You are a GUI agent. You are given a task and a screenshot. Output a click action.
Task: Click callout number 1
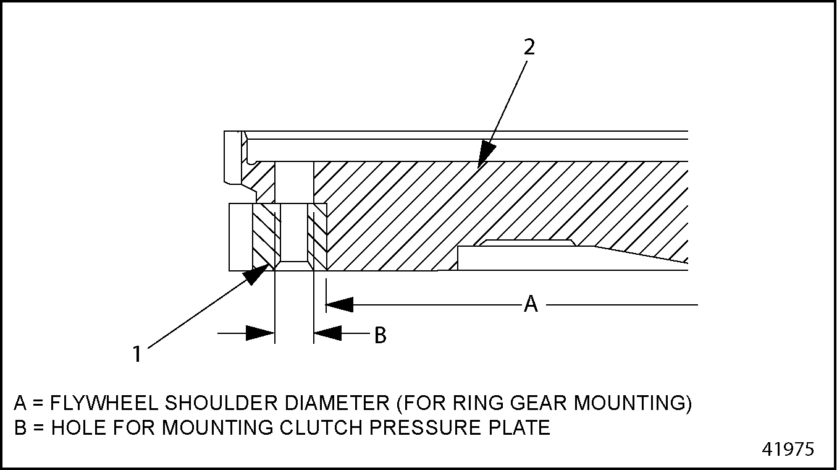click(x=137, y=354)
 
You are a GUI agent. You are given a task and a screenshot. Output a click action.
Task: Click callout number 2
click(x=529, y=48)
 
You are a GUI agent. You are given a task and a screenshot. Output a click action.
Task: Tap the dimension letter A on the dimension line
click(x=531, y=304)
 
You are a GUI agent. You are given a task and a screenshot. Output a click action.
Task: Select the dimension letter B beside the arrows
click(x=381, y=335)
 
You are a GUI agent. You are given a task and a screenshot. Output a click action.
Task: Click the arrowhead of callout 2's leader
click(x=486, y=154)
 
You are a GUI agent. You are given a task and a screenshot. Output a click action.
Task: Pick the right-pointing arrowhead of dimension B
click(x=260, y=333)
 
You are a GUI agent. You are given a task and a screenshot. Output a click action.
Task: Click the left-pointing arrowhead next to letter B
click(x=327, y=333)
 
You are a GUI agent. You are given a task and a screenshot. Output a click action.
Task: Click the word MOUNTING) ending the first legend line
click(x=633, y=403)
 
